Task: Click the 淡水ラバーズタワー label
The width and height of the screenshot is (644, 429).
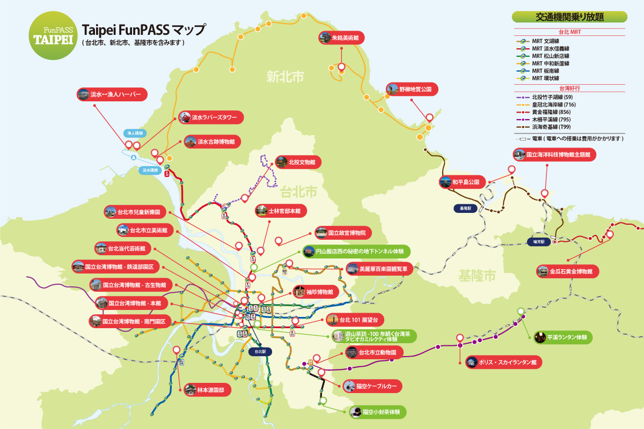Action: click(x=210, y=117)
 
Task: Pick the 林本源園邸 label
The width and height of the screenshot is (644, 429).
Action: click(x=207, y=390)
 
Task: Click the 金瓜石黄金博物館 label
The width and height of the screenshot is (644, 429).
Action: click(x=567, y=271)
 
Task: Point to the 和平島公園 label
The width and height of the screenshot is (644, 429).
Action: click(x=462, y=182)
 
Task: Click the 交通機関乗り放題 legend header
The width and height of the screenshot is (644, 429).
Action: click(x=569, y=17)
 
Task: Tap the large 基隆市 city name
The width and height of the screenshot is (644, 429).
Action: click(x=477, y=276)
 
